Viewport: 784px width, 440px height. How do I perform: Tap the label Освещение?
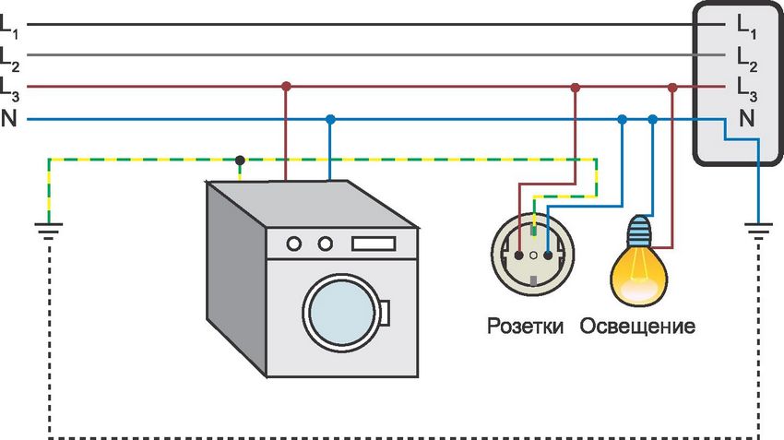click(x=637, y=327)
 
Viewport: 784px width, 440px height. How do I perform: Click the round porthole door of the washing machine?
click(x=342, y=314)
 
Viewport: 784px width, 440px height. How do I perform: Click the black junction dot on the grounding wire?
click(x=240, y=160)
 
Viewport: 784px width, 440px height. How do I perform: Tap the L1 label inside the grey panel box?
click(x=746, y=30)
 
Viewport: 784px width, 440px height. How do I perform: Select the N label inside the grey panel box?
click(x=746, y=117)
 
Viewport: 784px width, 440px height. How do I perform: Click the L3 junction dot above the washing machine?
click(x=286, y=87)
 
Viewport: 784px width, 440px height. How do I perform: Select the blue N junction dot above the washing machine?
click(x=330, y=119)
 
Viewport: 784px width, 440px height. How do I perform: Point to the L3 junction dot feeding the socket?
click(x=576, y=88)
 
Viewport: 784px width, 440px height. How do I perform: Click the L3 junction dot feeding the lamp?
click(x=672, y=88)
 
